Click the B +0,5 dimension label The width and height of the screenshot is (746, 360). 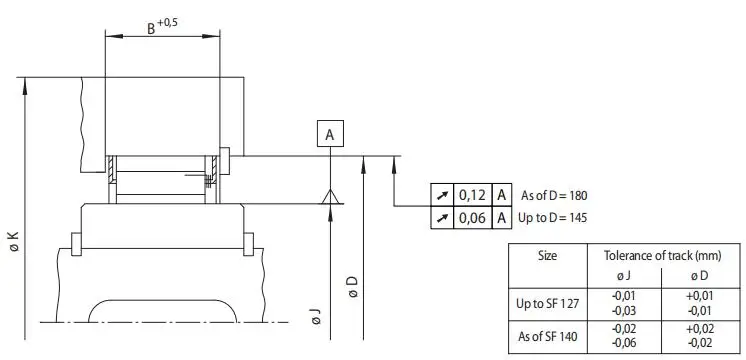(x=162, y=27)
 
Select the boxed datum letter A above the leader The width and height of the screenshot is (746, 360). (x=330, y=133)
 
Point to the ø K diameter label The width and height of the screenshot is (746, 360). (x=14, y=241)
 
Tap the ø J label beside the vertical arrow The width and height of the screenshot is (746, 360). (x=316, y=317)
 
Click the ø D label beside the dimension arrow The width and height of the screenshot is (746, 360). (x=353, y=287)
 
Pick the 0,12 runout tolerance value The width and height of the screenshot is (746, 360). (x=472, y=195)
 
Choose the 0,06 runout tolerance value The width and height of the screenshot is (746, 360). (x=472, y=218)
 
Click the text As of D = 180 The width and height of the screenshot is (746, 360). (x=554, y=195)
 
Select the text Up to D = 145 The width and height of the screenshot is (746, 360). (x=552, y=218)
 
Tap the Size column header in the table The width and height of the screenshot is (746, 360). (x=547, y=256)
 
